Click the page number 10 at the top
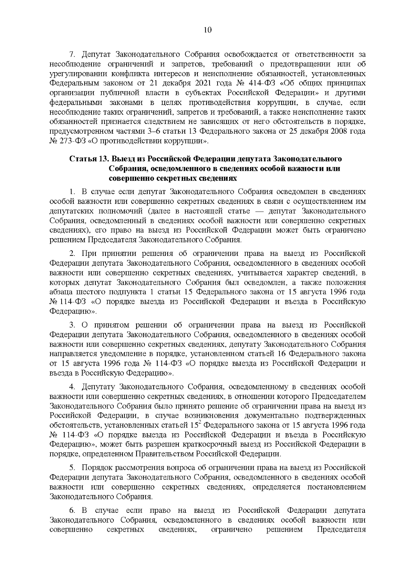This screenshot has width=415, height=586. click(x=207, y=30)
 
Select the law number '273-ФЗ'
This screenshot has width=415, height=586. click(x=71, y=142)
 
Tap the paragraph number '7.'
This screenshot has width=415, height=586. click(x=72, y=55)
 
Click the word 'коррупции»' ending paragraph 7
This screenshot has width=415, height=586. click(x=192, y=142)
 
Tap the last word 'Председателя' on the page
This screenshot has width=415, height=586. click(x=341, y=530)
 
